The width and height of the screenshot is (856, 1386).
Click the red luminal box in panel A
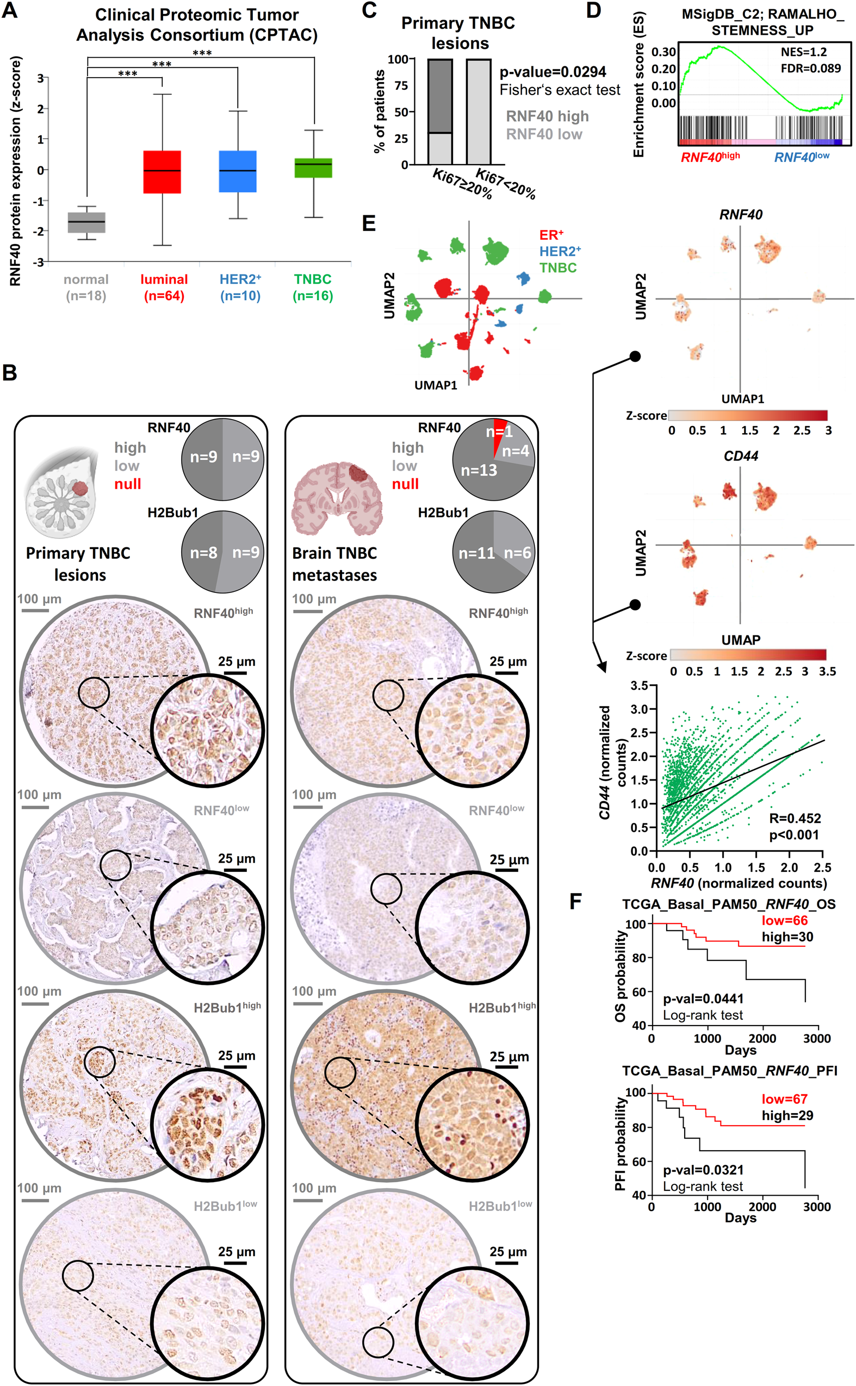tap(162, 171)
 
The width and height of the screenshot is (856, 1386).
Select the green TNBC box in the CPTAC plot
tap(313, 168)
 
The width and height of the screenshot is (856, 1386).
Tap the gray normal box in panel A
tap(86, 222)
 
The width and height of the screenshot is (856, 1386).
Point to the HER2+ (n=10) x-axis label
tap(240, 287)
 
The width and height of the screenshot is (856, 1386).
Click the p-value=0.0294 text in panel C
tap(553, 72)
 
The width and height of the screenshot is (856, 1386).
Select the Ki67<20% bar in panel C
tap(479, 111)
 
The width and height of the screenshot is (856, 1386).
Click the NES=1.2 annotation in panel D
tap(803, 52)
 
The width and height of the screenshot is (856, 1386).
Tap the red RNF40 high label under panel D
tap(710, 157)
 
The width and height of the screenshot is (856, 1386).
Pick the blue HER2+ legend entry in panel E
tap(560, 251)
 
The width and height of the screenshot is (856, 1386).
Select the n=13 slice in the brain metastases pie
tap(479, 470)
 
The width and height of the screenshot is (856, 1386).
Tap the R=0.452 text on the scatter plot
tap(795, 818)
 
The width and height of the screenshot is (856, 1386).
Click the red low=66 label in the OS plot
tap(784, 920)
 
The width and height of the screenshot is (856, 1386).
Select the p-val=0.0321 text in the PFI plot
tap(703, 1170)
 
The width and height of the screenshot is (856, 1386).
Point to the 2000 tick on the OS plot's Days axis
tap(762, 1039)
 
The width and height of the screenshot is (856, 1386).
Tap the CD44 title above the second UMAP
tap(741, 456)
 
